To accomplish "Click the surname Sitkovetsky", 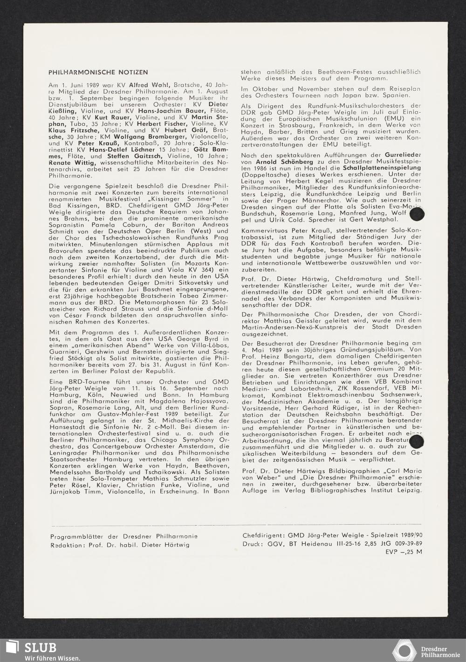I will click(x=207, y=283).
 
